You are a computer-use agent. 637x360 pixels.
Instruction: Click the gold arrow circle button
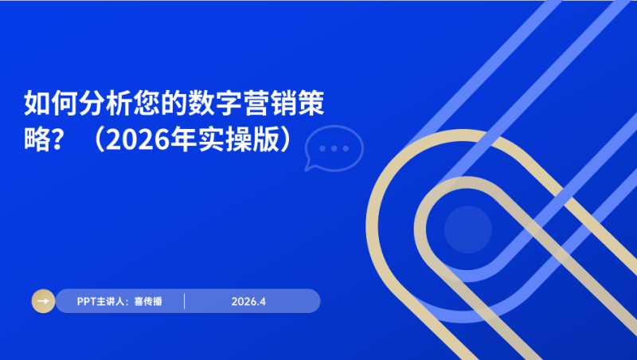43,301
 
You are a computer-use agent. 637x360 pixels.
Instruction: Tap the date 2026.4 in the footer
248,301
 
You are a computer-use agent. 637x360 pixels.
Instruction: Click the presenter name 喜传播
148,301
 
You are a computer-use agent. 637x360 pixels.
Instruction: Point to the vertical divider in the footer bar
184,301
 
